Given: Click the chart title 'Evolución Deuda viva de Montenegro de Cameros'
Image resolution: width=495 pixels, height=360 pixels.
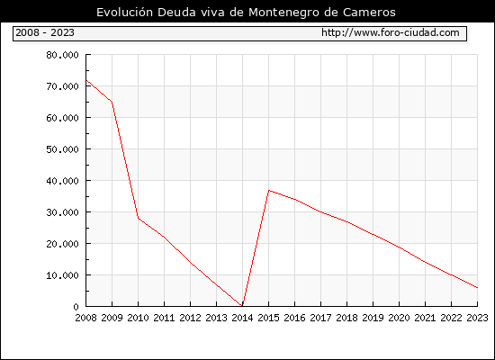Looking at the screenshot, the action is [x=246, y=13].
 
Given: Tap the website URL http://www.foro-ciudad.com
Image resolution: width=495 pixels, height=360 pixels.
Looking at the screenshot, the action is [x=391, y=32].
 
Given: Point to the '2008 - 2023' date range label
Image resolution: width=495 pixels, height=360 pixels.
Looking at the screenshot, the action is [x=45, y=32].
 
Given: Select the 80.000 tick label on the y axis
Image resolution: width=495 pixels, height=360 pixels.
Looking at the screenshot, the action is [x=62, y=55].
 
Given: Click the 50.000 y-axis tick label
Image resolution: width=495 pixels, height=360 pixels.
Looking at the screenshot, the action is [x=62, y=149].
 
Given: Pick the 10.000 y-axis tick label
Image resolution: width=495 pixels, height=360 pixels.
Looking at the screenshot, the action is [x=62, y=275].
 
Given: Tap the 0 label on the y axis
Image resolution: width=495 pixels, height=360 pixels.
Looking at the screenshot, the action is [x=76, y=307].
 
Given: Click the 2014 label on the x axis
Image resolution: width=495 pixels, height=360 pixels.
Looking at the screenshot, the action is [x=242, y=318].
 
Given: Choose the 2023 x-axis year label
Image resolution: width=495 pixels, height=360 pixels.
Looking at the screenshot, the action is [x=477, y=318].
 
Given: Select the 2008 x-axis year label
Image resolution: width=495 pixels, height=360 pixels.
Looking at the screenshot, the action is [x=85, y=318].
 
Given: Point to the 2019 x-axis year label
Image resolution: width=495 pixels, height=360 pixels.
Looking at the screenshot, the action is [x=373, y=318].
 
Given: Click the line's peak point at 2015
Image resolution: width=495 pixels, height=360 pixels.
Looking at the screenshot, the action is [x=269, y=190].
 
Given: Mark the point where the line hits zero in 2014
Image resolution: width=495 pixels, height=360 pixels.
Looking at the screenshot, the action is [x=242, y=306].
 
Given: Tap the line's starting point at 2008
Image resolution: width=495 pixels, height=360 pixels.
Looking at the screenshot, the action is [x=86, y=80].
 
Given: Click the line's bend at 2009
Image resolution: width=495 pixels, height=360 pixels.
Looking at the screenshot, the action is [x=112, y=102].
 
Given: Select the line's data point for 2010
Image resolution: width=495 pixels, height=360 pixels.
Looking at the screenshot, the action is [x=139, y=218].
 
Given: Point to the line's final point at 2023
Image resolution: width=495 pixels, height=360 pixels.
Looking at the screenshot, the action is [x=477, y=288].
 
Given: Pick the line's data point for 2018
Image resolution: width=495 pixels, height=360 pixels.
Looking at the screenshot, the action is [x=346, y=221].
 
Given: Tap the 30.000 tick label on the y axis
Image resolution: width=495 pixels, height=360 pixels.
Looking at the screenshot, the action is [x=62, y=212].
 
